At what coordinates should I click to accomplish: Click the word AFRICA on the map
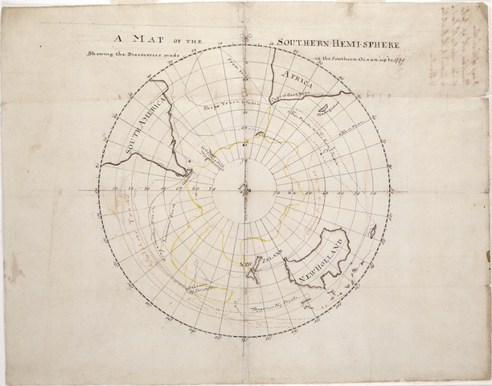coord(298,80)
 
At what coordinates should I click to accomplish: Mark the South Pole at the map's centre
coord(245,191)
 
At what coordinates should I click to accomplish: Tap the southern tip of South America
coord(187,172)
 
